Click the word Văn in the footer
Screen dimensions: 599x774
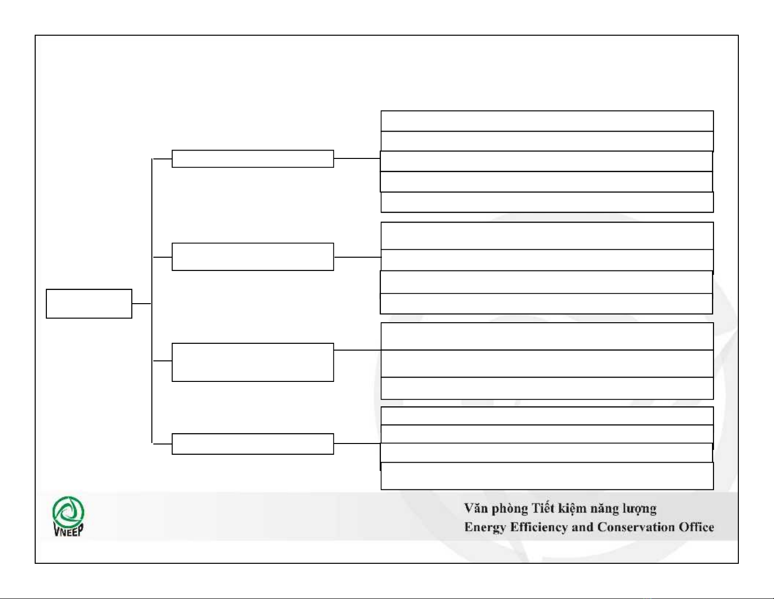coord(476,509)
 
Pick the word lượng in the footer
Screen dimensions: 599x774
coord(639,510)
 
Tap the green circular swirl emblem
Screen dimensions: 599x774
coord(68,512)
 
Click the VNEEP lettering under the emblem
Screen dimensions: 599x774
coord(68,531)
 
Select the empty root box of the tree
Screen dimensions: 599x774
coord(89,304)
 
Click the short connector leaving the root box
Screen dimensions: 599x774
coord(142,304)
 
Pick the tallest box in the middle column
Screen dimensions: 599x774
coord(253,362)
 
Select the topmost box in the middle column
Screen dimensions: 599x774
coord(253,159)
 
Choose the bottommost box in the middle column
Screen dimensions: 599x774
coord(253,444)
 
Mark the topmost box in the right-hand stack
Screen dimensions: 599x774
coord(547,121)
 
